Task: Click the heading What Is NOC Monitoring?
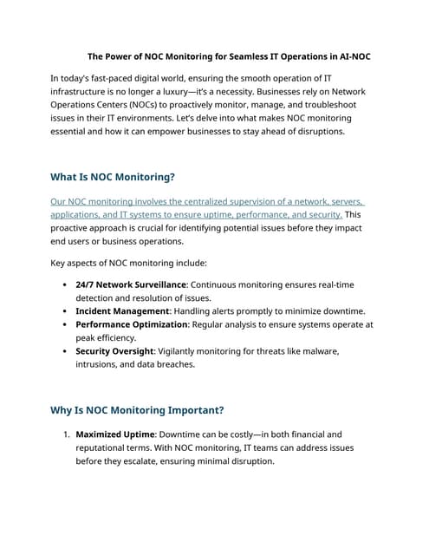pyautogui.click(x=113, y=177)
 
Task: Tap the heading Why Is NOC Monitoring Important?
pyautogui.click(x=137, y=410)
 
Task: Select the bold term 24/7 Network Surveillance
pyautogui.click(x=130, y=284)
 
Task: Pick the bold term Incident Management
pyautogui.click(x=122, y=310)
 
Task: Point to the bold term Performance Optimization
pyautogui.click(x=132, y=324)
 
